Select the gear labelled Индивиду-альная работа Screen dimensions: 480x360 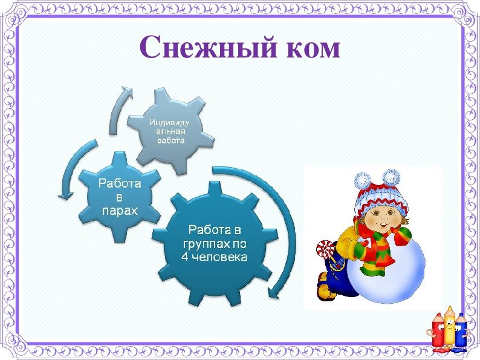tap(170, 131)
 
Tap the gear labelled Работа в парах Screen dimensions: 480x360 tap(119, 197)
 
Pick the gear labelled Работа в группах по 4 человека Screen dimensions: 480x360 tap(215, 243)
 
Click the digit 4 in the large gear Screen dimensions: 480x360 tap(184, 257)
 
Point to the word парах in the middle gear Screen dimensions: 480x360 tap(120, 211)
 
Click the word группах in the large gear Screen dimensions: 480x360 tap(205, 244)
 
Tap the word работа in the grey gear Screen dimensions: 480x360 tap(171, 140)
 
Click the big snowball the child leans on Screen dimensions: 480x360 tap(386, 269)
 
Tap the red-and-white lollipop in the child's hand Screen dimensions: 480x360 tap(323, 249)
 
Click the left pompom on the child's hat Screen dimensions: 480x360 tap(363, 180)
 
